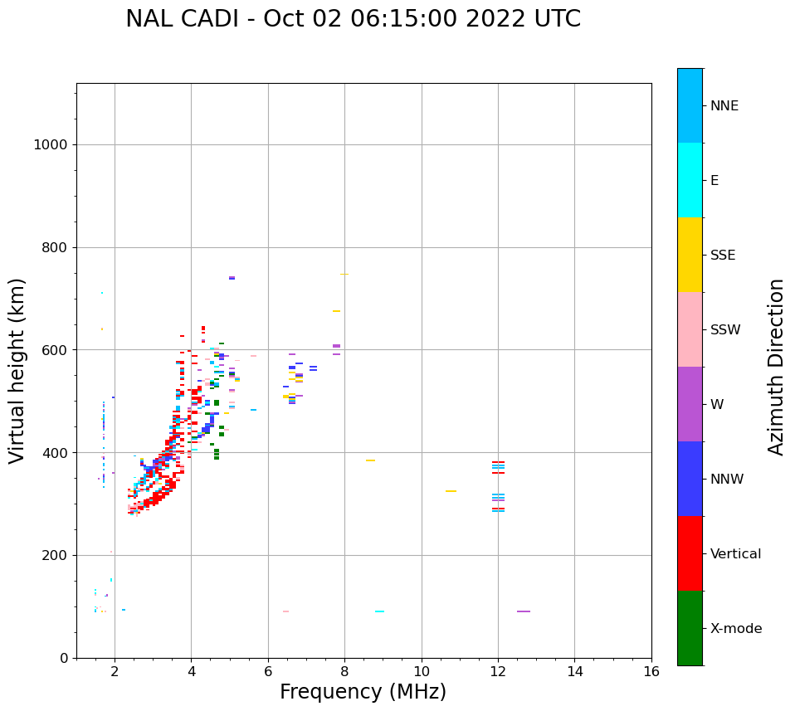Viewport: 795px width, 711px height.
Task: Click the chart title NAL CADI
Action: (x=353, y=19)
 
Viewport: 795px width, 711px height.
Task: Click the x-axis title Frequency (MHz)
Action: (x=363, y=692)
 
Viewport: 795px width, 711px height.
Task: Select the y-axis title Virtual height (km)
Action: (x=17, y=371)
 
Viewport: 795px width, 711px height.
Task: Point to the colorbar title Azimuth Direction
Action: (x=776, y=367)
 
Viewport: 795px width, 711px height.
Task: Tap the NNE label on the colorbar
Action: (x=724, y=106)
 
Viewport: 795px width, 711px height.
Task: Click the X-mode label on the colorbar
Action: (x=735, y=629)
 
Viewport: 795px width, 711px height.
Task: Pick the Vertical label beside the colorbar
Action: (x=735, y=554)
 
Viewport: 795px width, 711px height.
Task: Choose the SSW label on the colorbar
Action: (x=725, y=330)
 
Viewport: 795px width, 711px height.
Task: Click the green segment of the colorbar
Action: (x=690, y=628)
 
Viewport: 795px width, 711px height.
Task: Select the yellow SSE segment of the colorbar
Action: (x=690, y=255)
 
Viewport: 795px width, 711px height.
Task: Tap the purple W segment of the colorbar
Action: (x=690, y=404)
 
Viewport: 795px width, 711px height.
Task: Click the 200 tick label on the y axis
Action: (x=54, y=556)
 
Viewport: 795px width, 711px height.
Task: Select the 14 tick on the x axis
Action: (x=574, y=671)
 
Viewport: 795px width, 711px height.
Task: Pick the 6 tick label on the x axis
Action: (x=268, y=671)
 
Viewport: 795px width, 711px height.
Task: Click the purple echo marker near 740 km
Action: (x=232, y=278)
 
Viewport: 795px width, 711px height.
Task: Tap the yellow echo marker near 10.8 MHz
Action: (x=451, y=491)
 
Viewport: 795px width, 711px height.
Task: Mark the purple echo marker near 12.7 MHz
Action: (x=524, y=611)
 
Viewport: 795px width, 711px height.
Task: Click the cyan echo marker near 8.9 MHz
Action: (x=379, y=611)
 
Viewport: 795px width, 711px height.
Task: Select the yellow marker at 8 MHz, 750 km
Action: (x=344, y=274)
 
